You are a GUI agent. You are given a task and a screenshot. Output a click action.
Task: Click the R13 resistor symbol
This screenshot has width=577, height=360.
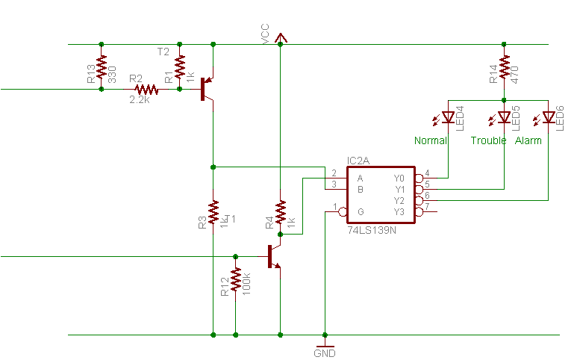[102, 66]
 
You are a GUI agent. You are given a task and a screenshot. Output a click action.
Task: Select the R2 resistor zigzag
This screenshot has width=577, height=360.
[146, 89]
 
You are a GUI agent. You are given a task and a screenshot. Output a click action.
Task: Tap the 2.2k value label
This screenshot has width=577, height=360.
[140, 100]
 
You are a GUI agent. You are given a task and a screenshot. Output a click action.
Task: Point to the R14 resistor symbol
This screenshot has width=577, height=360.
[504, 66]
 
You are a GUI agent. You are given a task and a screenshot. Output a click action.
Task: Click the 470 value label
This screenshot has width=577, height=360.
[514, 75]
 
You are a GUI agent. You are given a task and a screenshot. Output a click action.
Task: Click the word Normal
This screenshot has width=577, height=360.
[431, 140]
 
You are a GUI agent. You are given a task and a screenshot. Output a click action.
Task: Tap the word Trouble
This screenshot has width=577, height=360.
[488, 140]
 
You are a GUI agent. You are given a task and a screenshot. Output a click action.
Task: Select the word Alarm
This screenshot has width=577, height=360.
[528, 140]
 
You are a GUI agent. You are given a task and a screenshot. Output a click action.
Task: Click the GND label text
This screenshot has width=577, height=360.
[325, 353]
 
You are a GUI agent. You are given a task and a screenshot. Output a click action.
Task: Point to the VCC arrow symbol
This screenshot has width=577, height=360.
[281, 37]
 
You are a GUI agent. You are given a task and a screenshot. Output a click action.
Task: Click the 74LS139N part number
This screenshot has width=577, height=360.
[372, 231]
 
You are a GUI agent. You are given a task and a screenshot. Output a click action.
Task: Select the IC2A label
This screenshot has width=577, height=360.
[358, 161]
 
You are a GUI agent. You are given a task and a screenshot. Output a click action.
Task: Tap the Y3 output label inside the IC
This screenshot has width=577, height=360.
[399, 212]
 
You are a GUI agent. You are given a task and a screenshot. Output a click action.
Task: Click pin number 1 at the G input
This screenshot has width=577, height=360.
[335, 206]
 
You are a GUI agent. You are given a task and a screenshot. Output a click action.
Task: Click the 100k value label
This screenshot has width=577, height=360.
[246, 284]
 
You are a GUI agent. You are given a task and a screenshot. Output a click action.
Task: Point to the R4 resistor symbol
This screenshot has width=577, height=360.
[281, 211]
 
